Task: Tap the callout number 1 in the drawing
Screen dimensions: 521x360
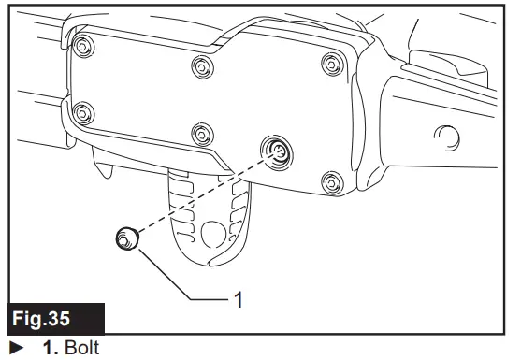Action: click(x=240, y=300)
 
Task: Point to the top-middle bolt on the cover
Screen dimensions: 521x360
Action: click(x=200, y=65)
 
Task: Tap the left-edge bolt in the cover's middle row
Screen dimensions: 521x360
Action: click(x=82, y=113)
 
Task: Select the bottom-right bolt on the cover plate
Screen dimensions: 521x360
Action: click(x=327, y=180)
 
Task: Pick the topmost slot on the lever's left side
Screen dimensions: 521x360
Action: click(x=181, y=188)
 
